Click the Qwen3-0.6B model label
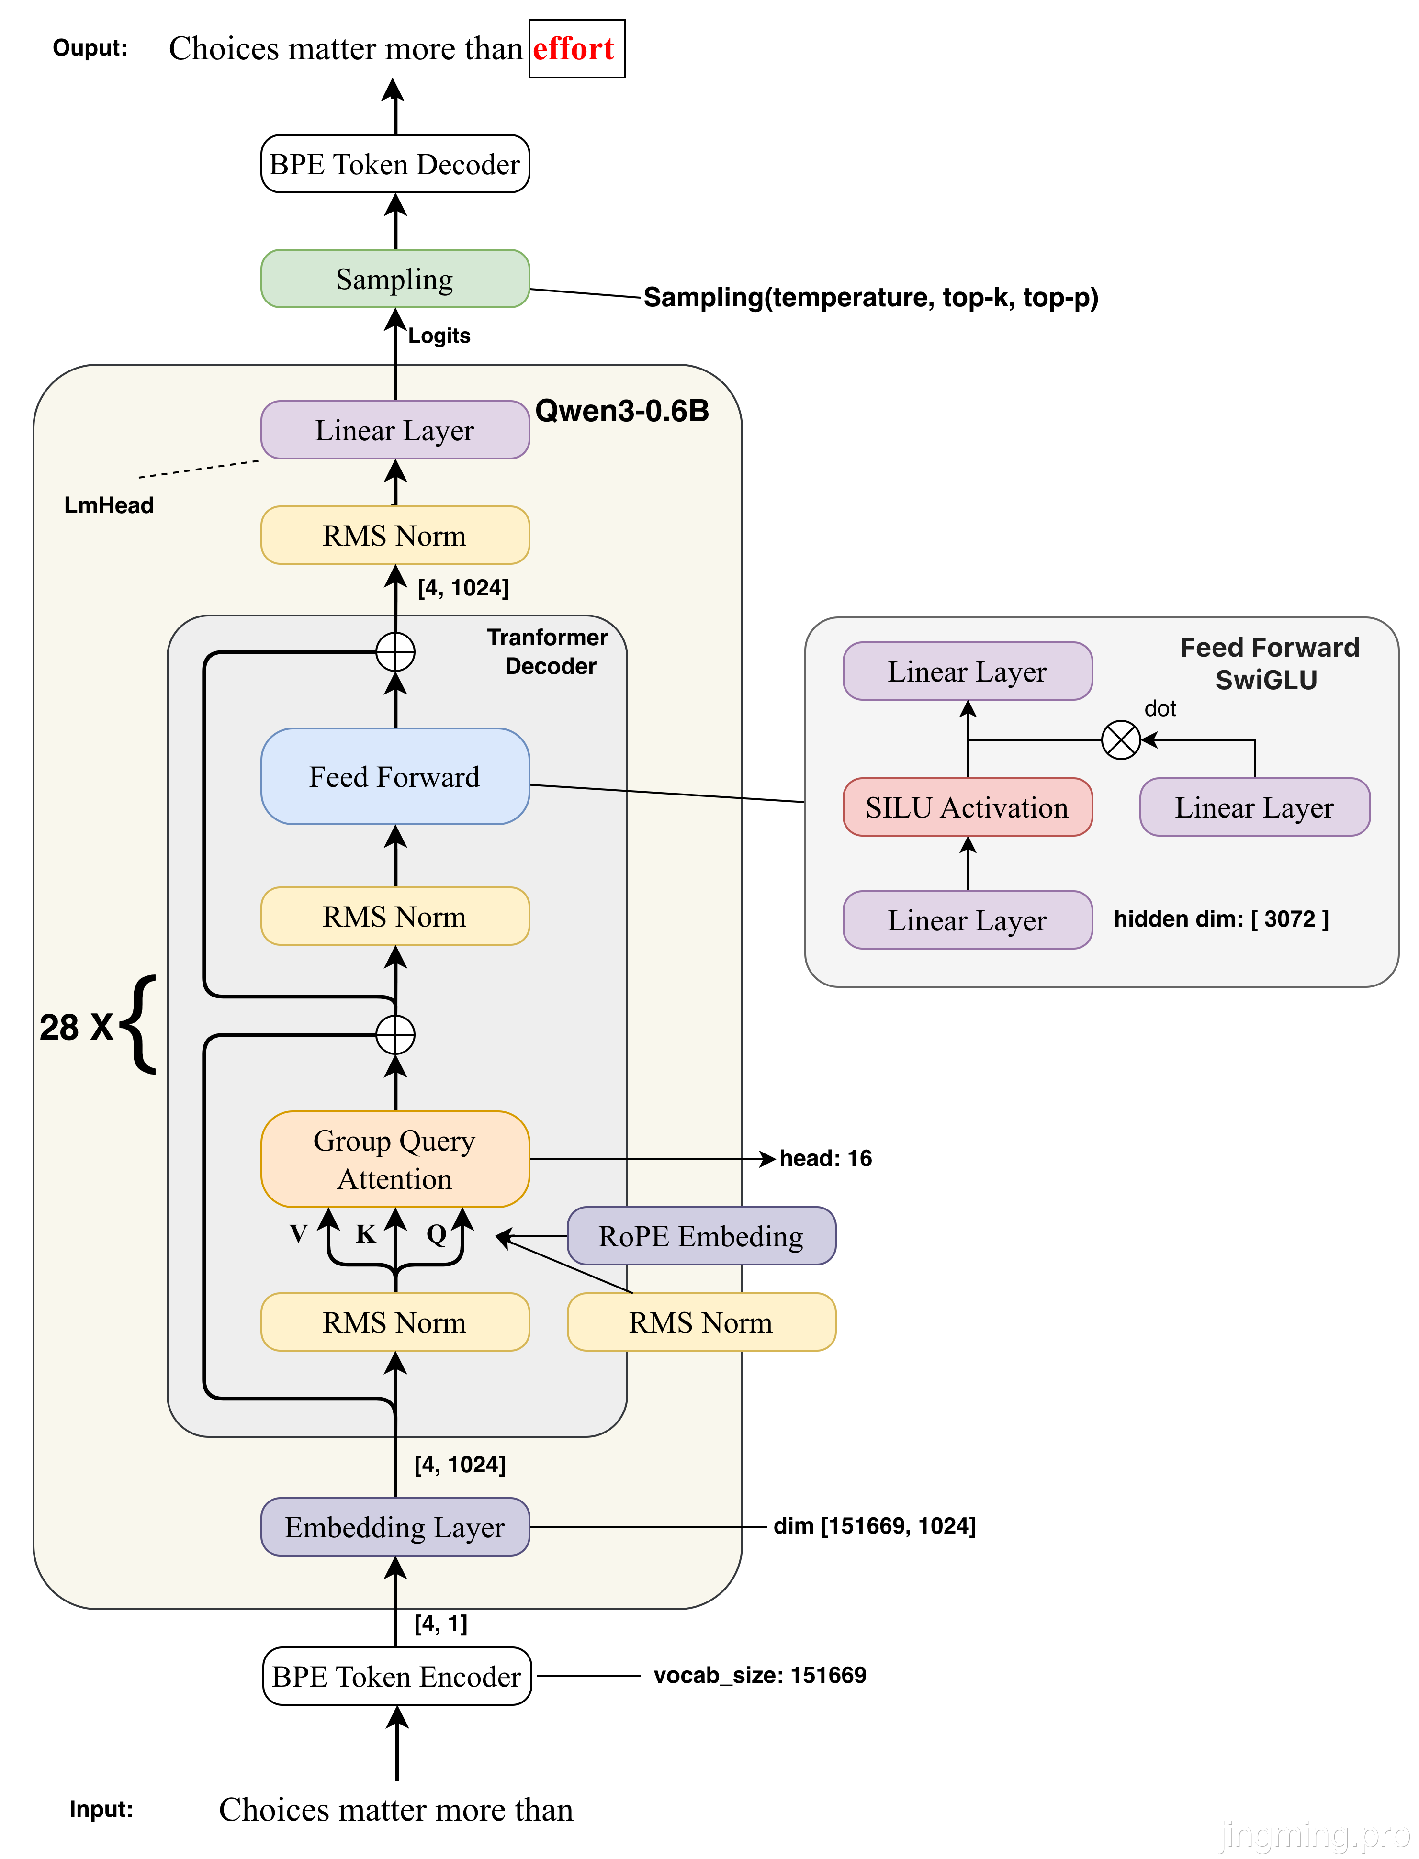pos(622,411)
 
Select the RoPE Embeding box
pos(701,1236)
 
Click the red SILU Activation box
pos(967,807)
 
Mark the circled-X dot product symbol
pos(1121,740)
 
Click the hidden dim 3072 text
pos(1221,918)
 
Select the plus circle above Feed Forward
pos(395,652)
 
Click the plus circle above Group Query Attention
pos(395,1035)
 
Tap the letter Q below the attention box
pos(436,1234)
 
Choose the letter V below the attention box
pos(298,1234)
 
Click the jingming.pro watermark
pos(1313,1834)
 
